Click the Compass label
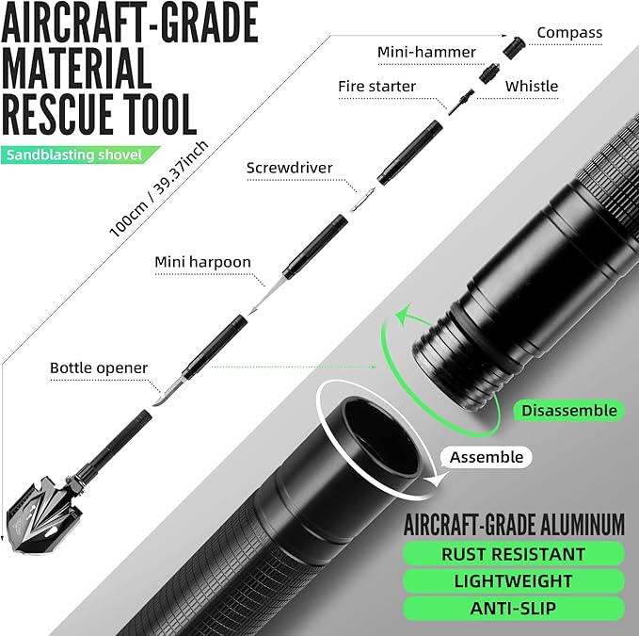[568, 33]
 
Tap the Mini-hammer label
[426, 52]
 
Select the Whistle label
[532, 86]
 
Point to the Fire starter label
[376, 87]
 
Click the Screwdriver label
[290, 169]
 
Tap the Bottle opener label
[99, 367]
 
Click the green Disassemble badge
[569, 411]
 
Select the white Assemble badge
[486, 458]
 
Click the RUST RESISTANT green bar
[513, 554]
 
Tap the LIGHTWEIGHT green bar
[513, 581]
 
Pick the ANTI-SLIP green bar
[513, 609]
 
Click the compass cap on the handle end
[514, 45]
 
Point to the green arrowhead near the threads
[403, 315]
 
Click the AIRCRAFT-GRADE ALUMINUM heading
[513, 524]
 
